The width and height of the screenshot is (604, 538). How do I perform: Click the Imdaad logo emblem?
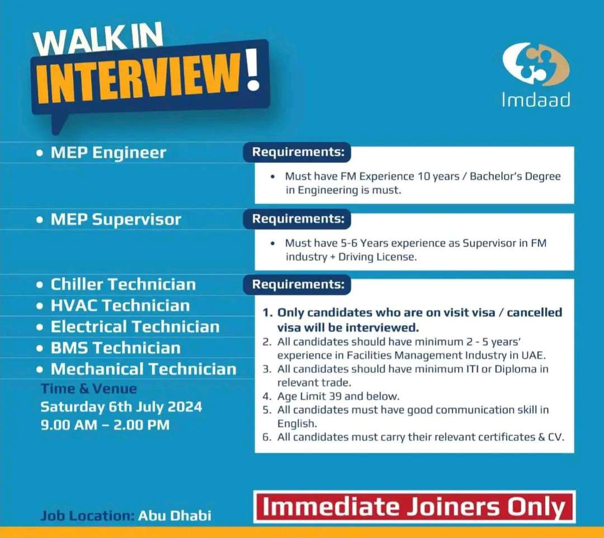click(x=536, y=64)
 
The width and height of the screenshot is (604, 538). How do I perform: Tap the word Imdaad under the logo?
click(x=536, y=100)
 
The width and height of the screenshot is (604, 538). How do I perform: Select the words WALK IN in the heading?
click(x=98, y=39)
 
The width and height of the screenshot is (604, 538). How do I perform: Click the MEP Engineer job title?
click(x=108, y=152)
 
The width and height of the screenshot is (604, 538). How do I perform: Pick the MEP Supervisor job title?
click(x=116, y=219)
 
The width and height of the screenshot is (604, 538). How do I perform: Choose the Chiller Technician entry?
click(x=123, y=284)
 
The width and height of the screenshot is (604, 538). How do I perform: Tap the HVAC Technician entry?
click(x=120, y=306)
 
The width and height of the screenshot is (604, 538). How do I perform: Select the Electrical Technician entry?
click(x=135, y=326)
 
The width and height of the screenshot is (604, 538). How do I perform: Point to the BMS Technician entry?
click(x=116, y=348)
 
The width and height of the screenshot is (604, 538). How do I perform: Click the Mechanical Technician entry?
click(x=144, y=369)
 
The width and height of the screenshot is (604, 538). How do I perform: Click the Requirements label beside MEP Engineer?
click(x=297, y=152)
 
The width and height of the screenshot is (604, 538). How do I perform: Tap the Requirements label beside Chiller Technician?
click(x=297, y=284)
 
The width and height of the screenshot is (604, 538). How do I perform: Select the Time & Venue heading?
click(x=88, y=389)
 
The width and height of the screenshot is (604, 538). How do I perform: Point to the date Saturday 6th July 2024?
click(x=121, y=407)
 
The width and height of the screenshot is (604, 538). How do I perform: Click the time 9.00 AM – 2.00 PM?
click(x=105, y=424)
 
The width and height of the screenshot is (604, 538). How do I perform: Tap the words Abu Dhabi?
click(x=174, y=516)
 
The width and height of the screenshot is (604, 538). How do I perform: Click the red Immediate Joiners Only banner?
click(x=414, y=507)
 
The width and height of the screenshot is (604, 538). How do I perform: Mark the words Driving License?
click(x=377, y=257)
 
